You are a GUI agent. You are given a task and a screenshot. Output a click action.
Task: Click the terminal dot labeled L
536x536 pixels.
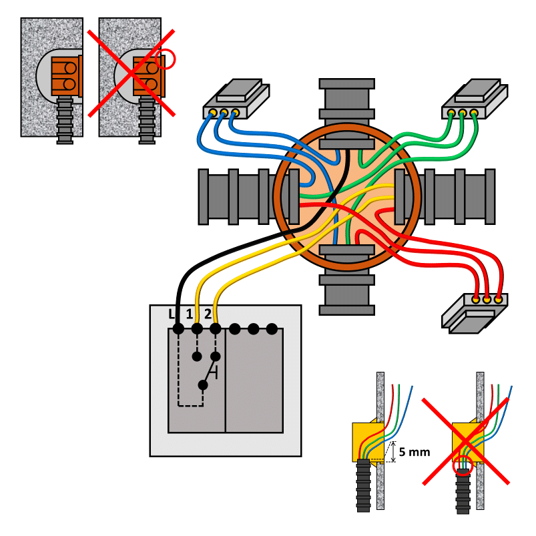tap(178, 328)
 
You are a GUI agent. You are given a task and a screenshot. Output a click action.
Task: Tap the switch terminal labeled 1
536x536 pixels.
tap(197, 328)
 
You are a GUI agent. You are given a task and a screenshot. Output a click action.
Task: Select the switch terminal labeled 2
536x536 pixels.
tap(215, 328)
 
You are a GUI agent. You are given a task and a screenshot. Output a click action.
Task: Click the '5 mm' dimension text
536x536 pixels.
tap(415, 452)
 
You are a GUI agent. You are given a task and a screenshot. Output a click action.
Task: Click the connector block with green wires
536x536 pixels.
tap(475, 99)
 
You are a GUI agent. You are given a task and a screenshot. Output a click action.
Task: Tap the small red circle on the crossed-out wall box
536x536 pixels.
tap(166, 61)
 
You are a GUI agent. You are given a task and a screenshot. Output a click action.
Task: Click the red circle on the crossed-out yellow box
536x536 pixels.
tap(462, 465)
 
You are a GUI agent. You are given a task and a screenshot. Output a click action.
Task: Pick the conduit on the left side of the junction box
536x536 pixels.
tap(237, 196)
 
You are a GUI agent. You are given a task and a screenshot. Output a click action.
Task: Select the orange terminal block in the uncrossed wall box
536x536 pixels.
tap(65, 75)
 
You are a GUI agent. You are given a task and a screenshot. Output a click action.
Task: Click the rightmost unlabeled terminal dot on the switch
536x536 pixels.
tap(272, 328)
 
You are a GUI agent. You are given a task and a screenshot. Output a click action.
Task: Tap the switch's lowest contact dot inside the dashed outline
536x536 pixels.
tap(203, 384)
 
